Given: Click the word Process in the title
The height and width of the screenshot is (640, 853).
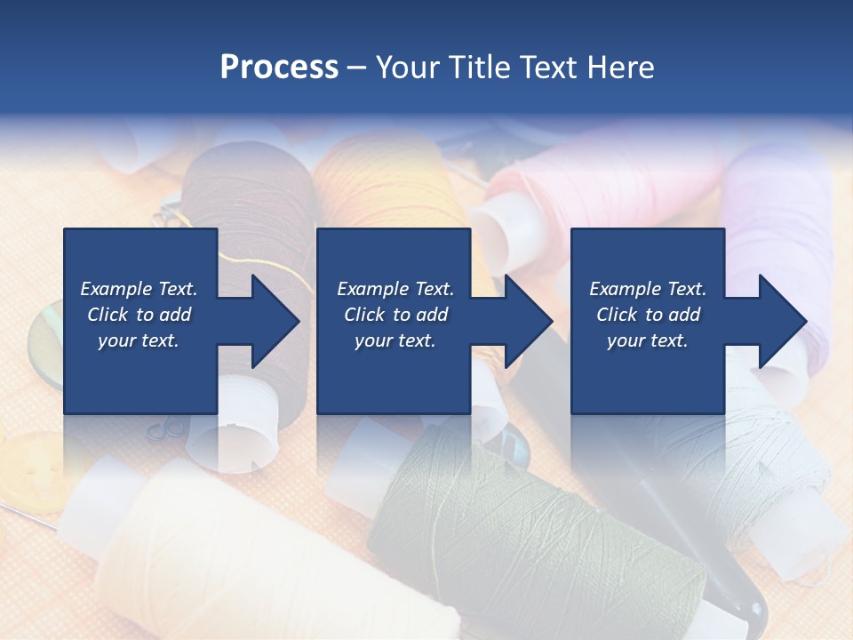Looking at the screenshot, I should point(279,67).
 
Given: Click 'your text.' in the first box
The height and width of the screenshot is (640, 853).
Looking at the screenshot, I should point(139,340).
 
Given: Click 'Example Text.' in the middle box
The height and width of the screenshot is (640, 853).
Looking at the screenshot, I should point(395,289).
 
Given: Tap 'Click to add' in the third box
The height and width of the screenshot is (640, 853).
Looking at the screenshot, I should point(648,315).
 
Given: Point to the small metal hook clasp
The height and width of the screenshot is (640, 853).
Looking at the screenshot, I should point(165,430).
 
